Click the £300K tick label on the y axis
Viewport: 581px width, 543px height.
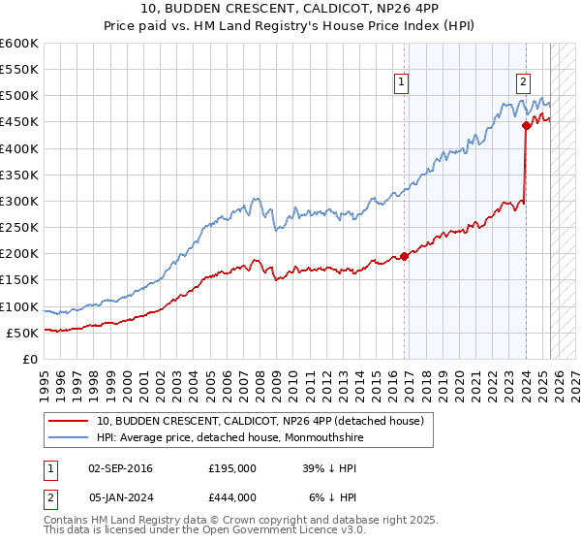[19, 201]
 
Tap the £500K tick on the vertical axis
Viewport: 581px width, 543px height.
[19, 96]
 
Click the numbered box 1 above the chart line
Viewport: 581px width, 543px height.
[401, 83]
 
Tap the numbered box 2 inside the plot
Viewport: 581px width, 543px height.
[523, 83]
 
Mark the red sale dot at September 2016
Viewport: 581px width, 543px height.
[404, 256]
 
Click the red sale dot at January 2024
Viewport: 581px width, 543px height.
[526, 125]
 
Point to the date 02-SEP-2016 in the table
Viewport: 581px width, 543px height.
[120, 467]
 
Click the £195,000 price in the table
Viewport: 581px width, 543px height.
[232, 467]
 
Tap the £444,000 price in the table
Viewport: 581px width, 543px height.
[232, 496]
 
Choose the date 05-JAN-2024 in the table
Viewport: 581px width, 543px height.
[120, 496]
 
